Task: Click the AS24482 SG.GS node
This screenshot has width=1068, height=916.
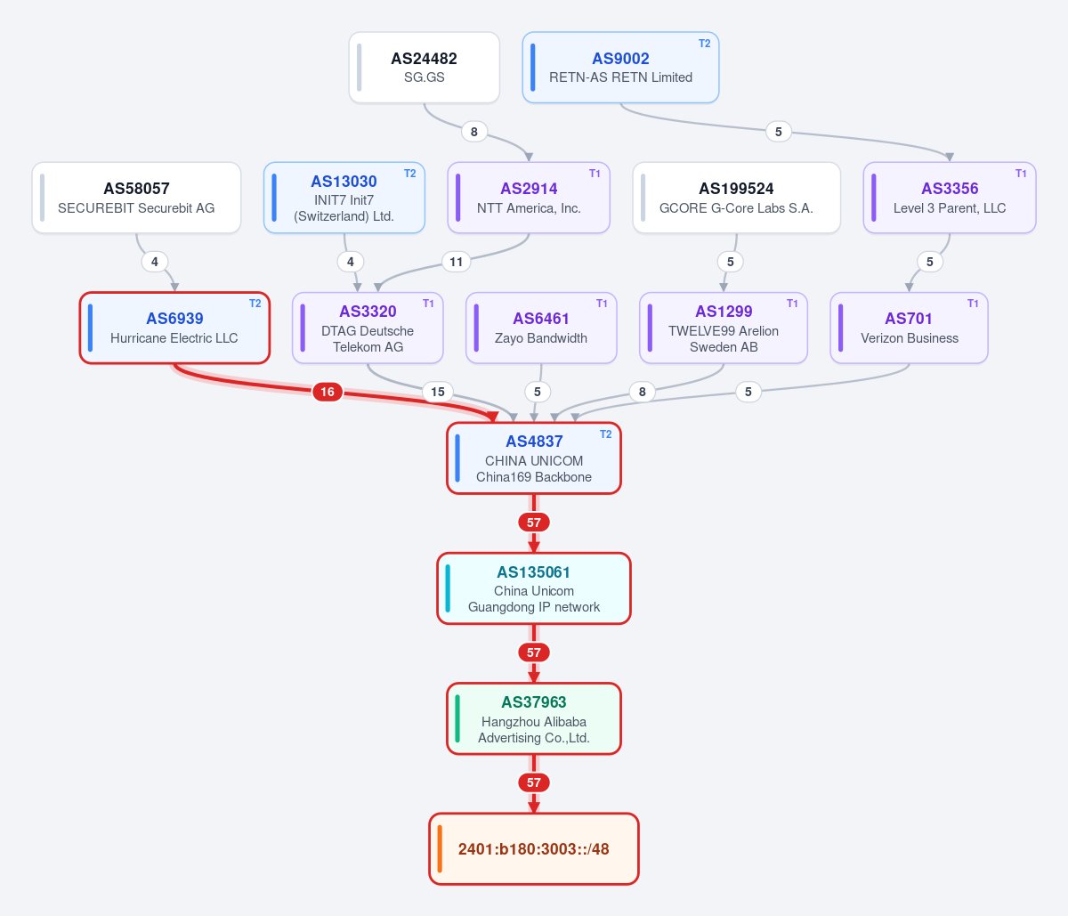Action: pyautogui.click(x=425, y=67)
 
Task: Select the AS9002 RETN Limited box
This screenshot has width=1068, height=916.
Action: pyautogui.click(x=620, y=67)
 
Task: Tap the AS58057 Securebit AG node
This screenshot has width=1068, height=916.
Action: pyautogui.click(x=136, y=198)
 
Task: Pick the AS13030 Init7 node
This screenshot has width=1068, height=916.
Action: pyautogui.click(x=344, y=198)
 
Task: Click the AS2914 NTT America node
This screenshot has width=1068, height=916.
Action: pyautogui.click(x=529, y=198)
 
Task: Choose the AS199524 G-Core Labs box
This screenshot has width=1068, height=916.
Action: pyautogui.click(x=736, y=198)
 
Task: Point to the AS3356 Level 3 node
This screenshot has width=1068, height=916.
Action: pyautogui.click(x=950, y=198)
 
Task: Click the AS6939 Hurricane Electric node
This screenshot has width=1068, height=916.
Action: pyautogui.click(x=174, y=328)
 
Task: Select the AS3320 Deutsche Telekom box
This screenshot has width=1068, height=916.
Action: pyautogui.click(x=368, y=328)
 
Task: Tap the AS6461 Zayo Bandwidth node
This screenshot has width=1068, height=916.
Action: pyautogui.click(x=541, y=328)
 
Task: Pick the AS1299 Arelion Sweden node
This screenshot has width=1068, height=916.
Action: pyautogui.click(x=724, y=328)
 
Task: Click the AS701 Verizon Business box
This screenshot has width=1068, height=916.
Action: pyautogui.click(x=910, y=328)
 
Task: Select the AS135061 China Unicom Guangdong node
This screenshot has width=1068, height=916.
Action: pyautogui.click(x=534, y=588)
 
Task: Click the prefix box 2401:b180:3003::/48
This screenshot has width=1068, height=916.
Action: pyautogui.click(x=534, y=849)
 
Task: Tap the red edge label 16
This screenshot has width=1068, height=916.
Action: pyautogui.click(x=328, y=392)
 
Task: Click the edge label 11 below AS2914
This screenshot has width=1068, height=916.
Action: pyautogui.click(x=456, y=262)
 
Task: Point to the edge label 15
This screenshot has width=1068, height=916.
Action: pyautogui.click(x=438, y=392)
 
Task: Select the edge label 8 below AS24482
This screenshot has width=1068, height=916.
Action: pyautogui.click(x=473, y=132)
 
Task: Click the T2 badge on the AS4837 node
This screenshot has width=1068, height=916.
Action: pyautogui.click(x=605, y=434)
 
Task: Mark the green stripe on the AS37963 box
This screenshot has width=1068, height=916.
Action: pyautogui.click(x=457, y=718)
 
